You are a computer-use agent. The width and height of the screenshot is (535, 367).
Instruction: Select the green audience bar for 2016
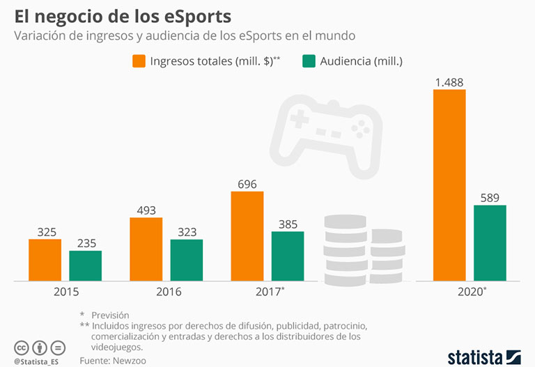click(x=186, y=260)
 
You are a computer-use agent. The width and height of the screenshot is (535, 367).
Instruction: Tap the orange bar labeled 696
click(x=247, y=236)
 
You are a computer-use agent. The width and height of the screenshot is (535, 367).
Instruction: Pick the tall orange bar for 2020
click(x=449, y=185)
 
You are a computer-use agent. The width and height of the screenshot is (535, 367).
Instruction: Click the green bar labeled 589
click(x=490, y=243)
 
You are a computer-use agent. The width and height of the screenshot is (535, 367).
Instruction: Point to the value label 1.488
click(x=449, y=82)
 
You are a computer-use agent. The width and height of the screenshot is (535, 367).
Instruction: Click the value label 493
click(x=146, y=210)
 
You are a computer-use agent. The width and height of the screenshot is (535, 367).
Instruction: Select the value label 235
click(x=85, y=243)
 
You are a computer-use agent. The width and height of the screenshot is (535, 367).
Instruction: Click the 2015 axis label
click(x=65, y=292)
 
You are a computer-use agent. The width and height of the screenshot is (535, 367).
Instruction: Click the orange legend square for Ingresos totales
click(x=139, y=61)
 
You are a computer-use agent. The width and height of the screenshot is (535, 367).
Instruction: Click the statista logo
click(x=483, y=357)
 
